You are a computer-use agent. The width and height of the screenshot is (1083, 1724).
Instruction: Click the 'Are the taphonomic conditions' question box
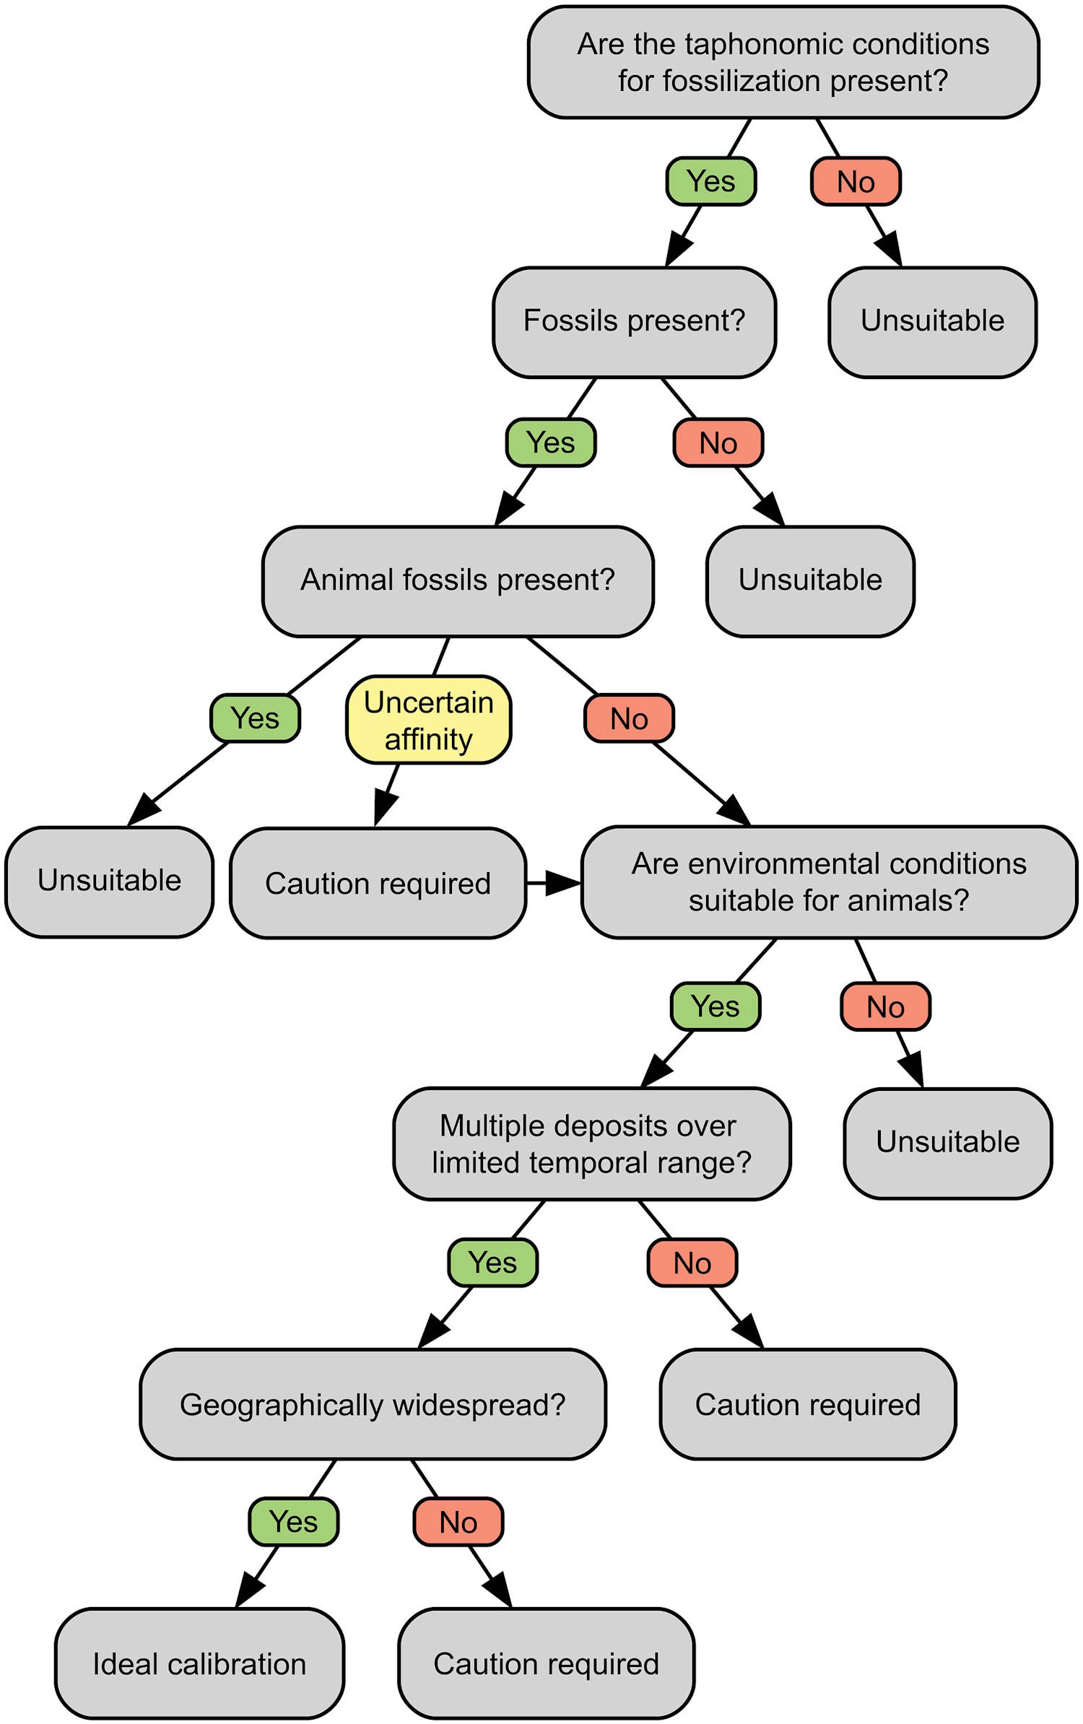click(x=783, y=63)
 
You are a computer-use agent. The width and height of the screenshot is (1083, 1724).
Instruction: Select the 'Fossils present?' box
click(x=634, y=322)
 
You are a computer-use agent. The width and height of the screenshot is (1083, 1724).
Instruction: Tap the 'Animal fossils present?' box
click(x=458, y=581)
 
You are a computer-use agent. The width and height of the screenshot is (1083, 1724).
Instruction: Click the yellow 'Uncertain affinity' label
click(x=429, y=720)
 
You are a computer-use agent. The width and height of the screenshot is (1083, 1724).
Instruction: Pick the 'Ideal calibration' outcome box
click(x=199, y=1663)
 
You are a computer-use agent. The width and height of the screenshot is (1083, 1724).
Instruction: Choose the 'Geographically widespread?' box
click(x=373, y=1404)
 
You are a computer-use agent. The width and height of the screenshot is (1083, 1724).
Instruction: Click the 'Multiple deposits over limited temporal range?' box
click(x=591, y=1144)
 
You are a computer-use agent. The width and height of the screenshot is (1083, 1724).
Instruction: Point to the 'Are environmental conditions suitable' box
click(x=829, y=882)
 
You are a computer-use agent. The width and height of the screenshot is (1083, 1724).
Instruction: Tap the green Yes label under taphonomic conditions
click(x=711, y=181)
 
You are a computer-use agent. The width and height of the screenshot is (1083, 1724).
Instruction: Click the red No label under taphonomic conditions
click(x=856, y=181)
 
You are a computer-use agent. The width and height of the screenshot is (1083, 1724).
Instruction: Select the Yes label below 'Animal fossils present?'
click(x=255, y=718)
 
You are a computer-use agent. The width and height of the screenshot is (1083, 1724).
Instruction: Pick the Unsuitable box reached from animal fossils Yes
click(x=110, y=881)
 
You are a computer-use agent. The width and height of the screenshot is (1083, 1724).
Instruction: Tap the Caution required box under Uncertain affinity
click(x=378, y=883)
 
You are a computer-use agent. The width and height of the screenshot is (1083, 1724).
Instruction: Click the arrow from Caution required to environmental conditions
click(x=554, y=882)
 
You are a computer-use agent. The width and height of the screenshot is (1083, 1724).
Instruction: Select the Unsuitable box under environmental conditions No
click(x=948, y=1144)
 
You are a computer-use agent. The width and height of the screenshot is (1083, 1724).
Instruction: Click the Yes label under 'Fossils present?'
click(x=551, y=443)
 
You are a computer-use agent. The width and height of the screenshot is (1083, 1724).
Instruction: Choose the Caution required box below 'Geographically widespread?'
click(x=547, y=1663)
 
